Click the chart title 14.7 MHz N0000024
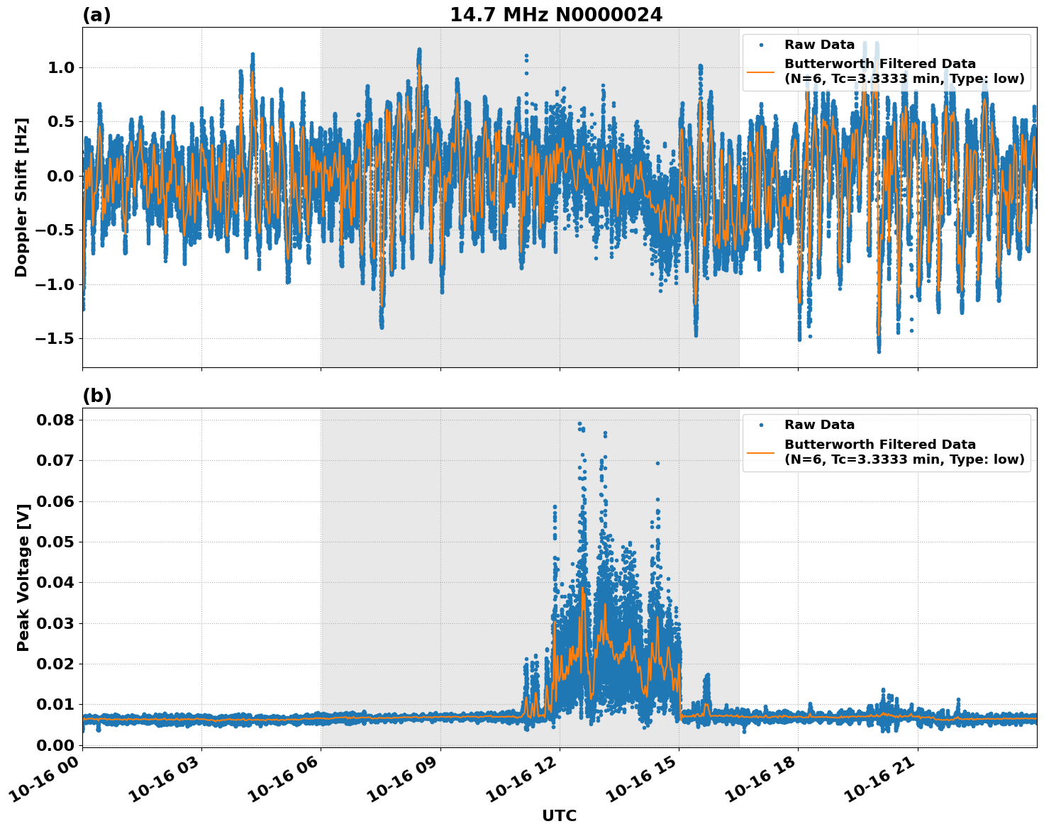tap(555, 15)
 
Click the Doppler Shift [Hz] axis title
tap(21, 197)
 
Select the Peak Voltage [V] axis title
tap(23, 577)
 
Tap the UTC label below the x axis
tap(559, 815)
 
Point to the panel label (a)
tap(96, 15)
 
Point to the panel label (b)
tap(96, 396)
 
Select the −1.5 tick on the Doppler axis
tap(54, 339)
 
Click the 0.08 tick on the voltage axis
tap(55, 420)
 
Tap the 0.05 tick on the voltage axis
tap(55, 542)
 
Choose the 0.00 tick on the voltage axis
tap(55, 745)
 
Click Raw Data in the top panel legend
tap(819, 45)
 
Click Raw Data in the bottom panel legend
tap(819, 425)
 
